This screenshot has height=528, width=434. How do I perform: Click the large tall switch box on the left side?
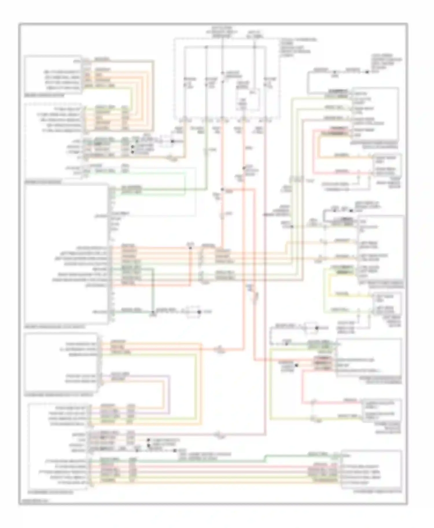click(67, 254)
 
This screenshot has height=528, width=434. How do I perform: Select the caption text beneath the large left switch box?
click(55, 327)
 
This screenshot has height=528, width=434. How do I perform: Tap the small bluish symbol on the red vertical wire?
click(249, 287)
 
